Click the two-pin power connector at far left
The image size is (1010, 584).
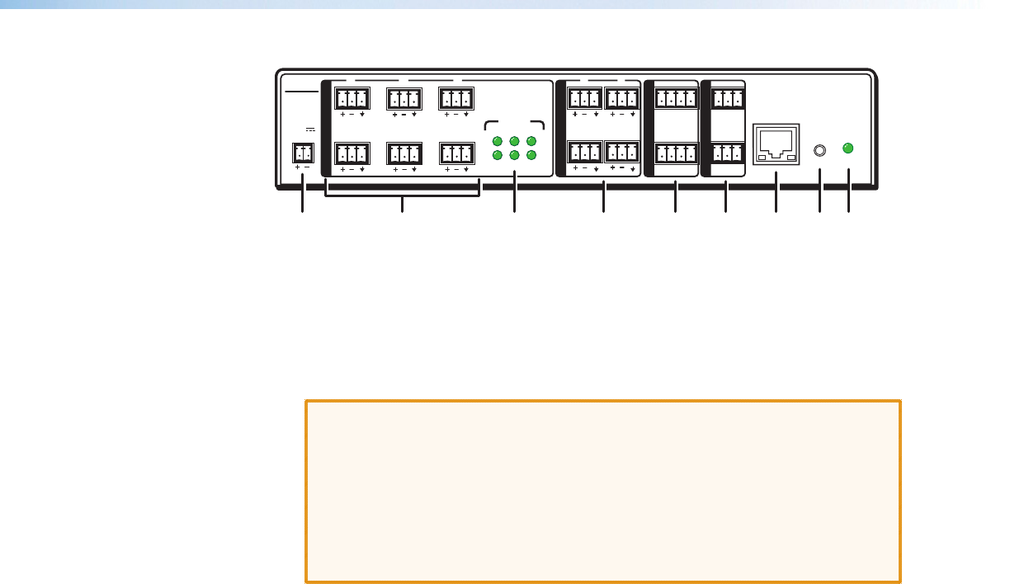303,153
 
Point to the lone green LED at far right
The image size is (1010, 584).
848,148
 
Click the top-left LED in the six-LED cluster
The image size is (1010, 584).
497,140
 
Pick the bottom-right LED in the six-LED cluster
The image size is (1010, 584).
532,155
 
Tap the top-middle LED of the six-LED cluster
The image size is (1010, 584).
514,140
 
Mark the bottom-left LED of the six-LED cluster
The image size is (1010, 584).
497,155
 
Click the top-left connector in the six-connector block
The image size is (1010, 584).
352,99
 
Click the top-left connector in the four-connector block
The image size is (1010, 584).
584,99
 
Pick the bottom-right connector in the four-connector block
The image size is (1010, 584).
622,153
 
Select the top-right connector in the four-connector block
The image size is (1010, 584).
622,99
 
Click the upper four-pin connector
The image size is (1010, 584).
675,99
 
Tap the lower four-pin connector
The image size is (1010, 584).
675,153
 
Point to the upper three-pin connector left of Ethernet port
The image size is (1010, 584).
726,99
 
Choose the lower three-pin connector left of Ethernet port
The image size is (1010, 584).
726,153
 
